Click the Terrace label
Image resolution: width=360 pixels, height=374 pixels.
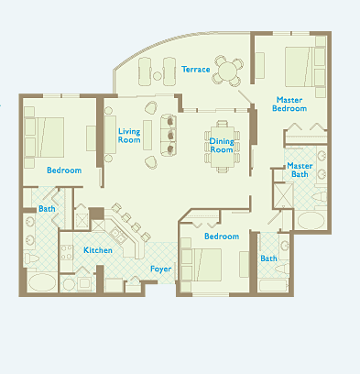pyautogui.click(x=196, y=70)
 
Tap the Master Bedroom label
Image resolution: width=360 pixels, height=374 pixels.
pyautogui.click(x=289, y=104)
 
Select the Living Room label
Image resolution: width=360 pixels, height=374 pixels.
pyautogui.click(x=129, y=136)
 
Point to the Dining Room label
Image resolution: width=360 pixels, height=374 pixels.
pyautogui.click(x=222, y=146)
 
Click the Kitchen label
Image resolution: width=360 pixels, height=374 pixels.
pyautogui.click(x=98, y=250)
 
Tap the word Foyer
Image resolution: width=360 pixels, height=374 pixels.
pyautogui.click(x=160, y=269)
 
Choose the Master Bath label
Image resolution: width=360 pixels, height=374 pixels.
pyautogui.click(x=300, y=170)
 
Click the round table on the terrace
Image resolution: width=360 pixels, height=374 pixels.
pyautogui.click(x=227, y=71)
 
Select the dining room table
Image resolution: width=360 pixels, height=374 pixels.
pyautogui.click(x=223, y=147)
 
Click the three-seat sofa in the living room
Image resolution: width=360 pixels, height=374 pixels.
pyautogui.click(x=169, y=135)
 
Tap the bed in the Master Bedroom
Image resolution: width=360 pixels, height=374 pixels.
pyautogui.click(x=300, y=67)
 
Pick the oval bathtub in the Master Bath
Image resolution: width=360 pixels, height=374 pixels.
pyautogui.click(x=311, y=221)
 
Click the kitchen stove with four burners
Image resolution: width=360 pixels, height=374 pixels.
pyautogui.click(x=66, y=252)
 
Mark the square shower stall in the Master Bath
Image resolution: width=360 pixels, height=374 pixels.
pyautogui.click(x=283, y=196)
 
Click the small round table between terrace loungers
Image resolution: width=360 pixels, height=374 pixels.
pyautogui.click(x=158, y=76)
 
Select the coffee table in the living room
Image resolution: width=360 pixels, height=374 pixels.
pyautogui.click(x=147, y=135)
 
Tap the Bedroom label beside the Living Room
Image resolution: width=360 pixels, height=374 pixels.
pyautogui.click(x=64, y=170)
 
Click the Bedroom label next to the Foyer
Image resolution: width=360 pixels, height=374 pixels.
pyautogui.click(x=222, y=236)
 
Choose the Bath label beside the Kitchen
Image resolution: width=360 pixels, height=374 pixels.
pyautogui.click(x=47, y=209)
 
